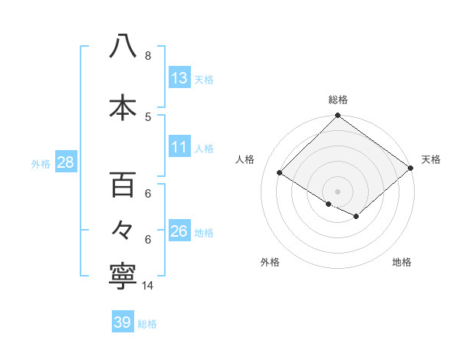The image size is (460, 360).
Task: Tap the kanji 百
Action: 123,185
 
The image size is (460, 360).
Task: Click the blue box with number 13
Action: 179,78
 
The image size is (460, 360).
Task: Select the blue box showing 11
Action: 179,147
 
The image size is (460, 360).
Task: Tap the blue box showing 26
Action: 179,231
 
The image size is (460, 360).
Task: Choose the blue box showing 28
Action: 64,162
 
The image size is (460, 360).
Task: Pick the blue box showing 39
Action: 123,322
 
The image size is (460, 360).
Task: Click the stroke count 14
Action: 148,286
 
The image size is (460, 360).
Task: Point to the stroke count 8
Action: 147,56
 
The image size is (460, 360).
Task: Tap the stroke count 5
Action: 147,116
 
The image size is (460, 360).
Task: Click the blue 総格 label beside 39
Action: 147,324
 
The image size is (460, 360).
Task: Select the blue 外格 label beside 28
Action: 41,163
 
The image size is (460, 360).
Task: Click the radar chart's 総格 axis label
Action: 337,100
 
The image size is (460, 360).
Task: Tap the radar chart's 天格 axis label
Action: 431,159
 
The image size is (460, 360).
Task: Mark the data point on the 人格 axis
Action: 280,172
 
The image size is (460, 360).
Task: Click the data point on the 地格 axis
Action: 356,217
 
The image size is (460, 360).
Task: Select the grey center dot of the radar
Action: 337,191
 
